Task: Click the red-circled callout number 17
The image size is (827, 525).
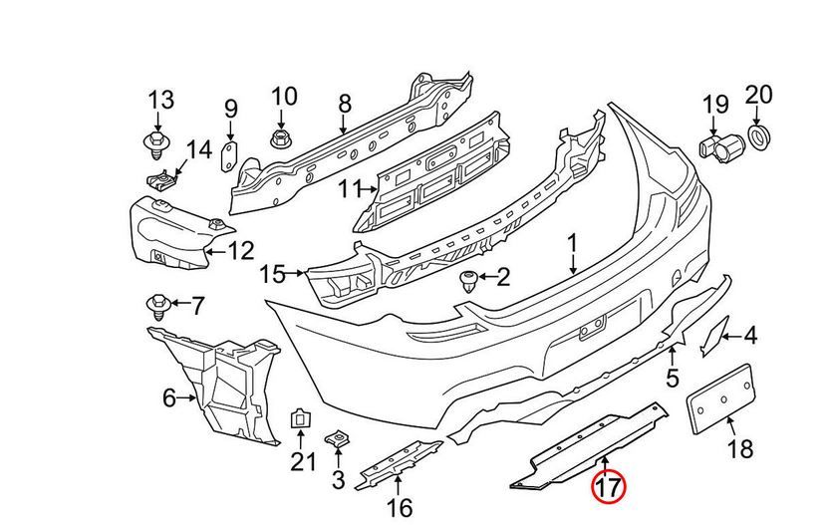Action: click(608, 489)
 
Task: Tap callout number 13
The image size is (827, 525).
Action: click(160, 100)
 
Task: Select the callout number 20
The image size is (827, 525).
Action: click(758, 95)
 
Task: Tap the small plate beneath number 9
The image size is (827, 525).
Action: click(228, 155)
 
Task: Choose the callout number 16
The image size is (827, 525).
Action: click(399, 509)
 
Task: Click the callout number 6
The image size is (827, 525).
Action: click(168, 399)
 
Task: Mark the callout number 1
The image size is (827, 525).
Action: click(573, 242)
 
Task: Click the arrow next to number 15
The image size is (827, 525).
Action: click(296, 271)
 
